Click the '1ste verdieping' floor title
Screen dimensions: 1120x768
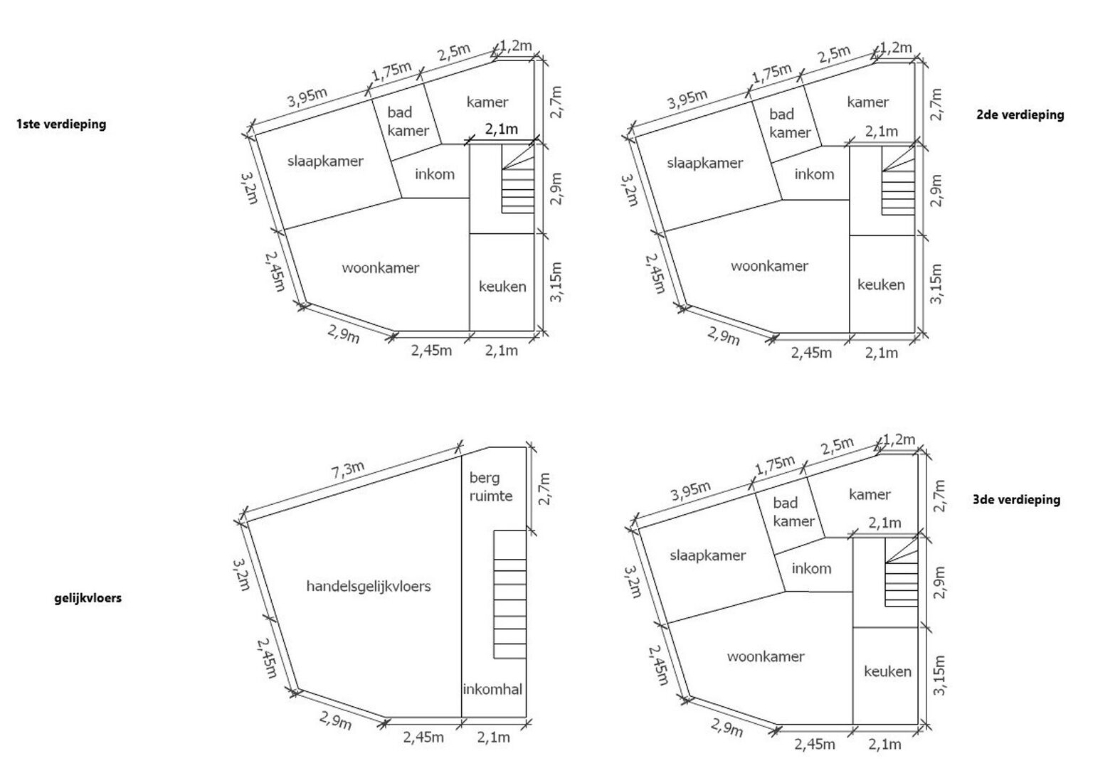click(x=61, y=124)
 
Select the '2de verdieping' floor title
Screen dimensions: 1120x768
click(x=1020, y=114)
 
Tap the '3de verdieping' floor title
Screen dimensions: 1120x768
click(x=1017, y=500)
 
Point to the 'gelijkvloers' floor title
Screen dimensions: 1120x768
click(x=88, y=597)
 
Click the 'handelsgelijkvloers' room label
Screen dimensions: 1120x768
click(x=369, y=586)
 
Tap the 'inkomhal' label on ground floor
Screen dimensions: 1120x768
click(x=492, y=690)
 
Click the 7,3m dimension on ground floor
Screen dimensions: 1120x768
click(x=349, y=470)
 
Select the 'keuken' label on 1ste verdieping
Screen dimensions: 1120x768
click(x=502, y=287)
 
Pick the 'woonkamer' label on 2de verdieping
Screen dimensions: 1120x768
click(x=769, y=266)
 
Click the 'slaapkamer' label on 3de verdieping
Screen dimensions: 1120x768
click(x=708, y=555)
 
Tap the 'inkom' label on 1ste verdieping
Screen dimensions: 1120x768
click(x=435, y=174)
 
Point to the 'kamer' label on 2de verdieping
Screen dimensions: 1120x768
click(x=868, y=102)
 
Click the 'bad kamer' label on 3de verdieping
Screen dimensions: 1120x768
click(x=793, y=512)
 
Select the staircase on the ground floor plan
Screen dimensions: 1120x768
click(x=509, y=594)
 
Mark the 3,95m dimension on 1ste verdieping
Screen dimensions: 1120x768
click(x=307, y=97)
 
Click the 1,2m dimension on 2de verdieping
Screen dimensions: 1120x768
click(x=895, y=48)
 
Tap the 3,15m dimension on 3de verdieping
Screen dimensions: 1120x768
click(x=939, y=675)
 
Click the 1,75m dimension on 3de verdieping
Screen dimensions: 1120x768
click(x=774, y=465)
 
